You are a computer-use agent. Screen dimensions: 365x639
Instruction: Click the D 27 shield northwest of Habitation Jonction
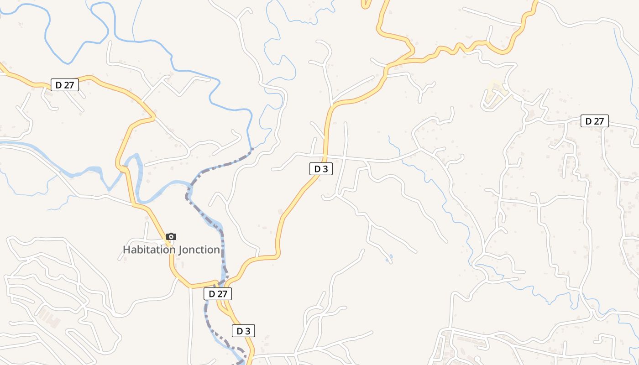click(65, 85)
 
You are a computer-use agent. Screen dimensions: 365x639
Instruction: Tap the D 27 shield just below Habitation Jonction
click(218, 294)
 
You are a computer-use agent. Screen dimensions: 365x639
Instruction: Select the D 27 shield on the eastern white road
click(594, 121)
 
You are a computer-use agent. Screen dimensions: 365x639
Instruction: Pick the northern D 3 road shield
click(321, 169)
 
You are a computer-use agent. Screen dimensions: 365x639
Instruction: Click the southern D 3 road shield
click(243, 331)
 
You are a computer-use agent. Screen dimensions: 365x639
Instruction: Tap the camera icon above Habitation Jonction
click(171, 236)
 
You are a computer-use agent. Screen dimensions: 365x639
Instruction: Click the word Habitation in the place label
click(149, 250)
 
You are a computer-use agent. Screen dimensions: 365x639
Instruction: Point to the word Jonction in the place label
click(199, 250)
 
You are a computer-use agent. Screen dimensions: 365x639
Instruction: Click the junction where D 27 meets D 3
click(223, 284)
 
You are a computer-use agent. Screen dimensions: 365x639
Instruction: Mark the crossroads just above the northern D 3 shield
click(326, 156)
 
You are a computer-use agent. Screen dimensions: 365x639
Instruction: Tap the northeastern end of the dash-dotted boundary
click(252, 148)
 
